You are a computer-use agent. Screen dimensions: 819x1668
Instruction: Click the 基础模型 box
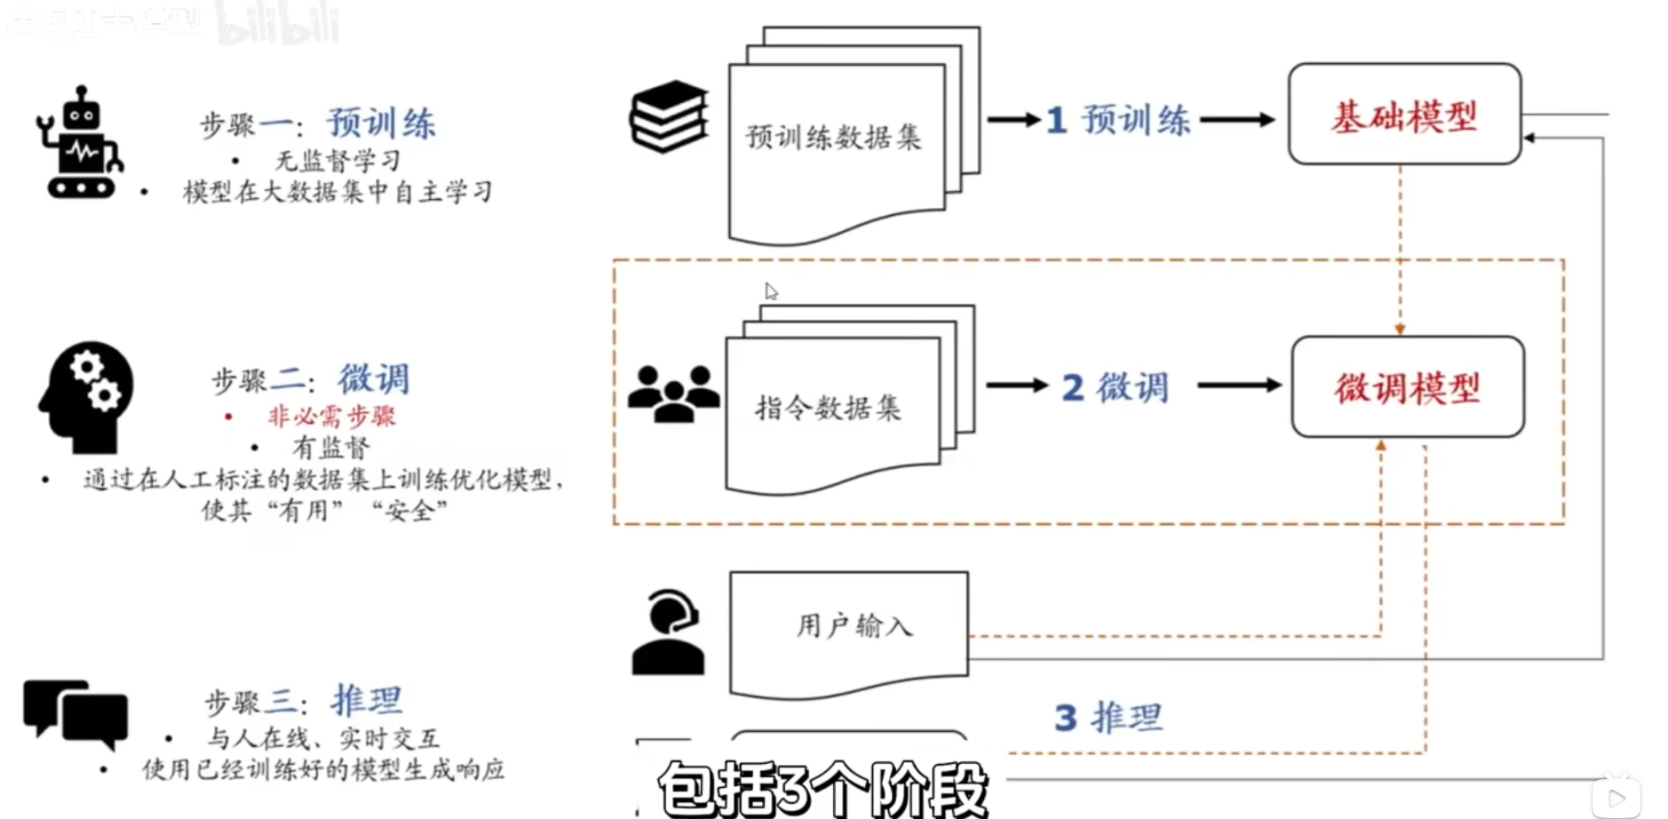(1404, 115)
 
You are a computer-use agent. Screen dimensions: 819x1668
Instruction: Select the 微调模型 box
(1408, 387)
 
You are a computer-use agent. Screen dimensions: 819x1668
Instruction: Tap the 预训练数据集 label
(833, 137)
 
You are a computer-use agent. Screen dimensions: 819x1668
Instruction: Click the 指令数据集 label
(828, 408)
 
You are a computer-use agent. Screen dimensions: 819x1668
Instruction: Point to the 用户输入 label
(854, 625)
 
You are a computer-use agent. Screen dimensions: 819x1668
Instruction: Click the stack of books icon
(669, 116)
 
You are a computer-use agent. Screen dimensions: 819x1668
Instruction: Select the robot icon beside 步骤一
(80, 144)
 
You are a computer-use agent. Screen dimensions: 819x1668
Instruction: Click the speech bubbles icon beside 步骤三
(75, 713)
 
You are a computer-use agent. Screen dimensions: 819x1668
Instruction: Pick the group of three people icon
(673, 394)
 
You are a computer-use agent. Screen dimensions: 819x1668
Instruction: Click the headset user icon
(669, 632)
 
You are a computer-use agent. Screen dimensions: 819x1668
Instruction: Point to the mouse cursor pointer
(770, 291)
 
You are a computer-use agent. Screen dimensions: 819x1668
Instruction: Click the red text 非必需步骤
(331, 416)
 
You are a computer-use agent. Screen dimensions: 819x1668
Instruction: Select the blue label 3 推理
(1108, 717)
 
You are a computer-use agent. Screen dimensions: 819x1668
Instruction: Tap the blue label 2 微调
(1116, 387)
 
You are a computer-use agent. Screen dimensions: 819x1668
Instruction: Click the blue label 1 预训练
(1118, 120)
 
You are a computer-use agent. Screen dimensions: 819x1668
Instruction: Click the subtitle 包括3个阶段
(822, 788)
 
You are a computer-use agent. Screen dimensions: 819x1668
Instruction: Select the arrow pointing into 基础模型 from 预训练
(1237, 119)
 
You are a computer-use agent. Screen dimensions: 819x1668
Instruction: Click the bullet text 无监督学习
(338, 161)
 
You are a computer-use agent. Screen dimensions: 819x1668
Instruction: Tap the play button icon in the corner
(1616, 797)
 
